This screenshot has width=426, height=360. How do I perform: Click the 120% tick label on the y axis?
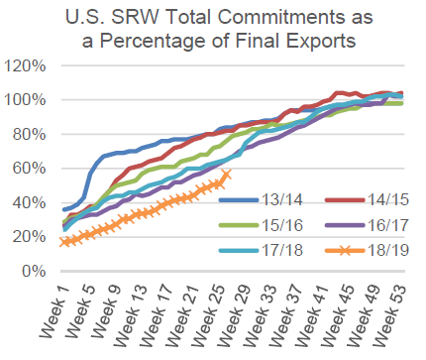25,65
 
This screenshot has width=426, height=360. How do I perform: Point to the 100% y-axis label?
25,100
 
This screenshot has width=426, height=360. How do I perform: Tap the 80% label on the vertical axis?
29,134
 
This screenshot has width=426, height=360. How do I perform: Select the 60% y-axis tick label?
29,169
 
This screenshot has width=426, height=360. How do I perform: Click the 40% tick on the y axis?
29,202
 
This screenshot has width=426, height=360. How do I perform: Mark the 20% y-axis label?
29,237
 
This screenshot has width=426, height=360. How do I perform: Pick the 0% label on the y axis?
34,271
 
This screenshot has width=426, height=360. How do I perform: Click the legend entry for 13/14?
261,199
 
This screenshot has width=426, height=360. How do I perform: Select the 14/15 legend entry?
368,199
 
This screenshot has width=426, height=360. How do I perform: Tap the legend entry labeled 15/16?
261,225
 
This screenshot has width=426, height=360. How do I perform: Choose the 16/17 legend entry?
368,225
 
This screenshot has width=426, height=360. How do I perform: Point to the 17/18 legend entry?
261,250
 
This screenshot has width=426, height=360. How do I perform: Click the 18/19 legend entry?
368,250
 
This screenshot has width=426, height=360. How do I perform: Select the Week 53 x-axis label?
389,315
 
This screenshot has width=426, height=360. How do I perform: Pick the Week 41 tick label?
311,315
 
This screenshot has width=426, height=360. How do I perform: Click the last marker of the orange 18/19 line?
227,174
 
